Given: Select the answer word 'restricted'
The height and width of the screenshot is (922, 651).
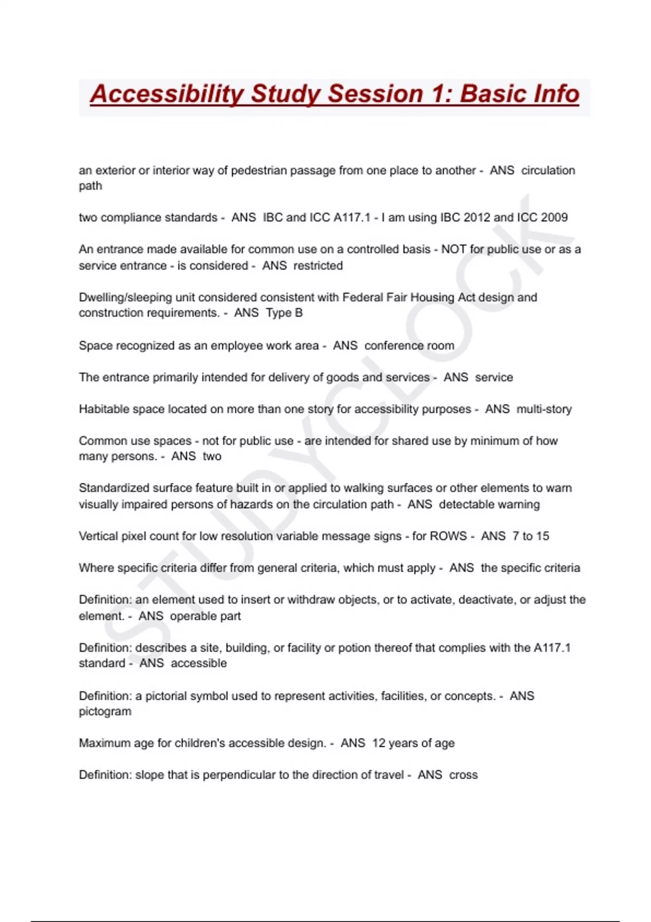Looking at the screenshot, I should pos(318,266).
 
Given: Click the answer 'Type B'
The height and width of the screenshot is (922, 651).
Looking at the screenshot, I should pos(284,313).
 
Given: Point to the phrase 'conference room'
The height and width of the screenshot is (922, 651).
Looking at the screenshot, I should pos(409,345).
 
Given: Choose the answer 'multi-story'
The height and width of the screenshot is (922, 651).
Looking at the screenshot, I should pos(544,409).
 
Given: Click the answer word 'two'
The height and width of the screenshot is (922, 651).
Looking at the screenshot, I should pos(212,456).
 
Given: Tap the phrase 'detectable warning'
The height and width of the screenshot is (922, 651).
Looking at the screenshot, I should pos(489,504).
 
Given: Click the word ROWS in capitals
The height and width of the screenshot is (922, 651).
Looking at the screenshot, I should pos(448,536).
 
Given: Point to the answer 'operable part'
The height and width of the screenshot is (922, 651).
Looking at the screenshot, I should pos(205,616).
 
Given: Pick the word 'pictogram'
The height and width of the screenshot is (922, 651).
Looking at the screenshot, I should pos(105,712).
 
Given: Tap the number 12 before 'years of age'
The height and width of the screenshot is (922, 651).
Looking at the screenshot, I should pos(378,743).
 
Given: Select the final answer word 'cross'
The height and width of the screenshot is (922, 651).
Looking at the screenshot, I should pos(463,775).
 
